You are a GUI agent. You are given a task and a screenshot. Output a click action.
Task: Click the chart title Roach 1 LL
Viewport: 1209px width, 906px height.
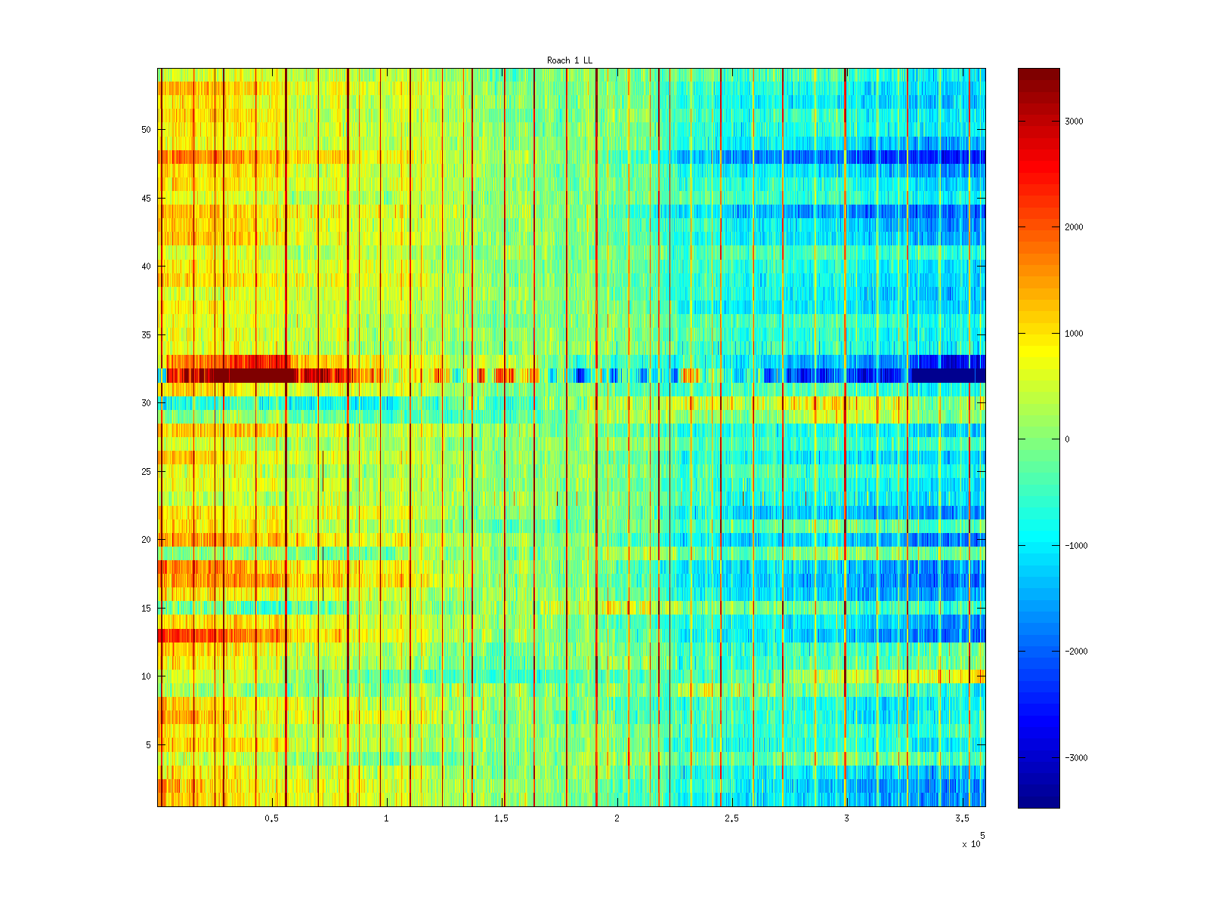click(570, 60)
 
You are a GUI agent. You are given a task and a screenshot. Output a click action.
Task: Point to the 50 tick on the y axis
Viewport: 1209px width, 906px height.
click(146, 130)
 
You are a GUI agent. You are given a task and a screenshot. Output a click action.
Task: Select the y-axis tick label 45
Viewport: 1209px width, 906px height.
click(146, 199)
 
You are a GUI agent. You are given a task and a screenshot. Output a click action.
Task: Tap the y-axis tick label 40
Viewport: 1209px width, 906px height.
click(146, 267)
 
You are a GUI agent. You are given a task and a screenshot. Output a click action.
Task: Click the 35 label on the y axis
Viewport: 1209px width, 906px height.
click(146, 335)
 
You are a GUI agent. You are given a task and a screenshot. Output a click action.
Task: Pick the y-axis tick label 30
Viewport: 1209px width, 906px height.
click(146, 403)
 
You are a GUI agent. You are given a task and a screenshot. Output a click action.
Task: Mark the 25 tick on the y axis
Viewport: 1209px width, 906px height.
click(146, 472)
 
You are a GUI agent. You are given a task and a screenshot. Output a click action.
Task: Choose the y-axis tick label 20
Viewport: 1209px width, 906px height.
click(146, 540)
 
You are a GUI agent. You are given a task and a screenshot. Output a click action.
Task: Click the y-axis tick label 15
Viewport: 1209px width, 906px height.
click(146, 609)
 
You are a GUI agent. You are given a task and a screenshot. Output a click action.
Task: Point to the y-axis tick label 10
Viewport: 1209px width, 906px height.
click(146, 676)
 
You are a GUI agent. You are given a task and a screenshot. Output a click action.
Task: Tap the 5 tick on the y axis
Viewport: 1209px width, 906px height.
click(148, 745)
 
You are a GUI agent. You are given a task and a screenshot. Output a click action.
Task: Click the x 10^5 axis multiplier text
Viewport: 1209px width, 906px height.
click(972, 843)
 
